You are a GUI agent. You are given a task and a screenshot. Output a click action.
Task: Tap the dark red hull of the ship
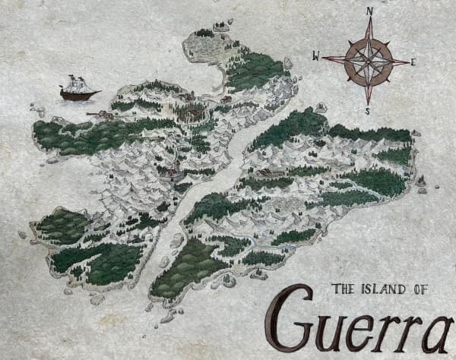tap(80, 95)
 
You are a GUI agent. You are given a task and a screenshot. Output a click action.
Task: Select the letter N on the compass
tap(369, 11)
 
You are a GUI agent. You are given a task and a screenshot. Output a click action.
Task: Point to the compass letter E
tap(413, 62)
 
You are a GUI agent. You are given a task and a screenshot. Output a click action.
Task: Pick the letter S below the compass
tap(368, 111)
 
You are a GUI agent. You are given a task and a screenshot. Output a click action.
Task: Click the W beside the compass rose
tap(316, 55)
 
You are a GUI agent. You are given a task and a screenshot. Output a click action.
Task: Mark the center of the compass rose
tap(368, 61)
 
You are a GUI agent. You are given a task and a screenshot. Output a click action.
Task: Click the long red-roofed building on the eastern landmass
tap(271, 173)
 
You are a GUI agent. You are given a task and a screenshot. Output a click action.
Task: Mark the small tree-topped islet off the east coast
tap(421, 182)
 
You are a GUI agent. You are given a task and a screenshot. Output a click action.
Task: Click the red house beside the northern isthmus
tap(226, 99)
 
